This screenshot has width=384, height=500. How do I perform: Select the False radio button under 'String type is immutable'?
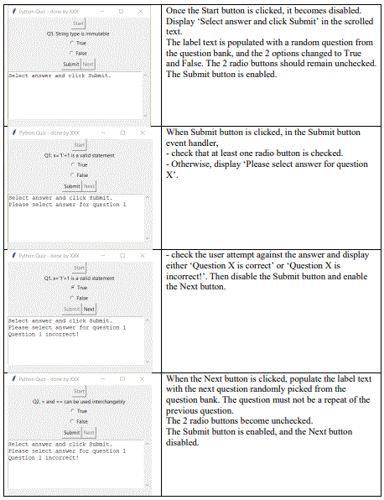point(72,53)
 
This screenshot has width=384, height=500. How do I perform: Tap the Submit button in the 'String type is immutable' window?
point(71,64)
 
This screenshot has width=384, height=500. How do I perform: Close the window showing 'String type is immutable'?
point(141,11)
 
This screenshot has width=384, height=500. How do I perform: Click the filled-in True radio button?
point(72,287)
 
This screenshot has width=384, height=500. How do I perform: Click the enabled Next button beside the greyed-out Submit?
point(89,309)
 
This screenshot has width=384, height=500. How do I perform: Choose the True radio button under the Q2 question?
point(72,411)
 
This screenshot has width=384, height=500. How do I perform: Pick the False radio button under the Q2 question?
point(72,422)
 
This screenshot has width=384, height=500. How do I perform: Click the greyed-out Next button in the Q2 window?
point(89,432)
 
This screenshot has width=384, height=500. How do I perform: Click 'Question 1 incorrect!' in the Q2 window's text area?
point(44,457)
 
